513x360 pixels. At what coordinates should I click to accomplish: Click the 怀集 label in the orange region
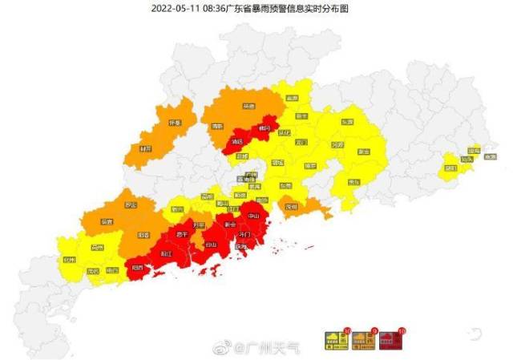click(175, 123)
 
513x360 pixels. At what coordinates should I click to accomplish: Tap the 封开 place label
click(145, 148)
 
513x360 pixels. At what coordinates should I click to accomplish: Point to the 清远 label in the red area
click(236, 140)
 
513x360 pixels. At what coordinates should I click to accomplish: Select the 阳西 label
click(139, 267)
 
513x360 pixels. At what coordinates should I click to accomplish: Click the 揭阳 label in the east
click(450, 168)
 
